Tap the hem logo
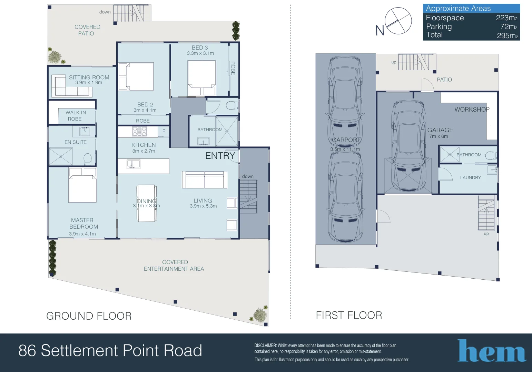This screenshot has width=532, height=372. [x=492, y=351]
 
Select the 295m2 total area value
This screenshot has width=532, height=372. [x=507, y=35]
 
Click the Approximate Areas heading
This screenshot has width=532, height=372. [x=458, y=9]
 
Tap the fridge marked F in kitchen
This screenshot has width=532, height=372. [x=164, y=131]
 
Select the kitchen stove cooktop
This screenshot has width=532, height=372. [x=139, y=131]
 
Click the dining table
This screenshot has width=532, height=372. [x=146, y=203]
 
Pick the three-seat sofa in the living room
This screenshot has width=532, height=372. [x=205, y=179]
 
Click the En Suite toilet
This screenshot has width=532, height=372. [x=88, y=159]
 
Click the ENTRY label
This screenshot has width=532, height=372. [x=220, y=156]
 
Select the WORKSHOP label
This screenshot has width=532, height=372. [x=472, y=110]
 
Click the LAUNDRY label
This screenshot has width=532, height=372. [x=470, y=178]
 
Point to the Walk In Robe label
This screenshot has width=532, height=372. [x=76, y=116]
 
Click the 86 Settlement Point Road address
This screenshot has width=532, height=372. [x=110, y=351]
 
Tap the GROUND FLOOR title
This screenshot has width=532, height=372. [x=89, y=316]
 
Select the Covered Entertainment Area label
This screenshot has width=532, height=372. [x=174, y=266]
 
